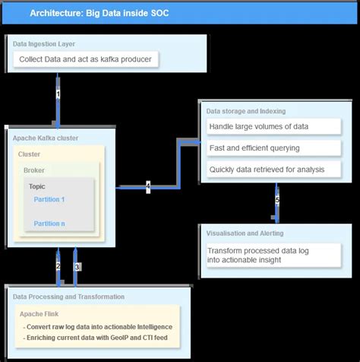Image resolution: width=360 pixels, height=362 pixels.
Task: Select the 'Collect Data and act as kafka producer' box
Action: point(86,59)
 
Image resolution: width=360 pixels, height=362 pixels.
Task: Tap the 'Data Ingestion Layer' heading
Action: point(45,44)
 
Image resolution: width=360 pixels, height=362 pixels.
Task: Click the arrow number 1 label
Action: point(58,94)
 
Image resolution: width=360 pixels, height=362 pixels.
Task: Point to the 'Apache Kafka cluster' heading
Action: point(46,138)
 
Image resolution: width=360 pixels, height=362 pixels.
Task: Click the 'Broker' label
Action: point(34,170)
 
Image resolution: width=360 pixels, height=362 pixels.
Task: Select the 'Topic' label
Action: point(37,186)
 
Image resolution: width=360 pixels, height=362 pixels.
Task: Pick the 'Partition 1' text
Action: point(49,199)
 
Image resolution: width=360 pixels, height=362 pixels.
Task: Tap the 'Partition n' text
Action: point(49,224)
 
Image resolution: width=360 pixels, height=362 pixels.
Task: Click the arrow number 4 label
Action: point(148,186)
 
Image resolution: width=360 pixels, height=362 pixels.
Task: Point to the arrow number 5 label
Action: point(277,200)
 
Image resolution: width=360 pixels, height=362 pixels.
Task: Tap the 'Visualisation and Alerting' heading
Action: point(245,233)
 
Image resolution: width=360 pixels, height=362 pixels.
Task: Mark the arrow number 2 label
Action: point(58,265)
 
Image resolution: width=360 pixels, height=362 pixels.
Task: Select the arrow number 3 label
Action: point(76,266)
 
